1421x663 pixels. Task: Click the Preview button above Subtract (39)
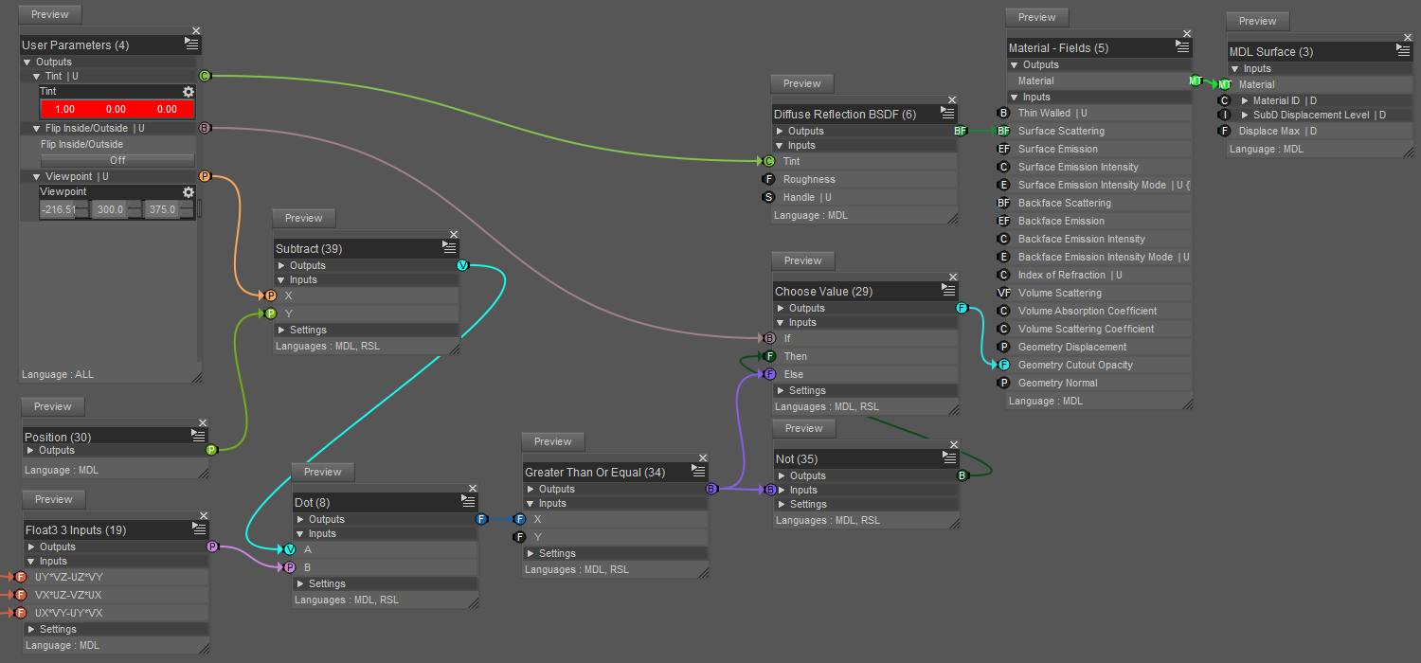(x=304, y=218)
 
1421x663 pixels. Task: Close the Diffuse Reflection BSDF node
(x=952, y=99)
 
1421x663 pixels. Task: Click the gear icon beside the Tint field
(x=189, y=92)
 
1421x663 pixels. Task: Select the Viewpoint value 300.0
(x=109, y=209)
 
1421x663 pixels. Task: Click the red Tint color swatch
(x=117, y=109)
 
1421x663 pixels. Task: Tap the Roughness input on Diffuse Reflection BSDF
(x=809, y=179)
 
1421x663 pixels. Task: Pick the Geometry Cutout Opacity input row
(x=1075, y=365)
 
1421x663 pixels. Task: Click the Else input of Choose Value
(x=794, y=374)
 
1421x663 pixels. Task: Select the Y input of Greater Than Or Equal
(x=538, y=537)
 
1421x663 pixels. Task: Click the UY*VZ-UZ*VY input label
(x=69, y=577)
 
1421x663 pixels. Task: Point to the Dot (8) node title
(x=313, y=502)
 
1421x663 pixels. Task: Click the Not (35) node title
(x=797, y=459)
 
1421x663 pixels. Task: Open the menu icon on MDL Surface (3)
(x=1404, y=51)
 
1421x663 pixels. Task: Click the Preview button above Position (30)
(x=53, y=406)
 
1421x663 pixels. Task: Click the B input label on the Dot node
(x=307, y=567)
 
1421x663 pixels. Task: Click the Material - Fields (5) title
(x=1058, y=47)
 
